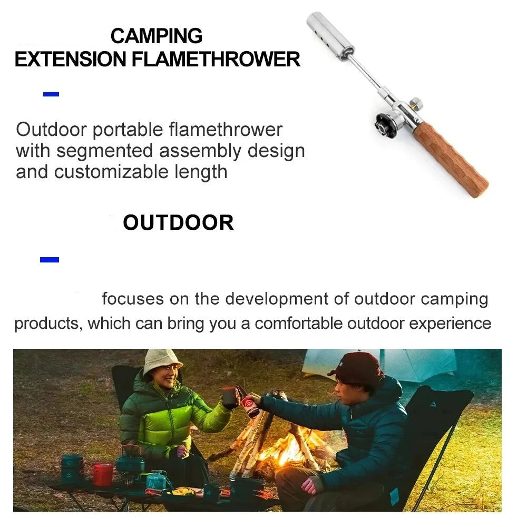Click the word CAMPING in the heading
[157, 36]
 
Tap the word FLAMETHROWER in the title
[216, 59]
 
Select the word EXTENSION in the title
[70, 59]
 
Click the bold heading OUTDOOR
[178, 223]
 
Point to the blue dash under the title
[51, 95]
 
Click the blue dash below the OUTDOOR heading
[50, 259]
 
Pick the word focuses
[133, 299]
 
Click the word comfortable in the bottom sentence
[298, 323]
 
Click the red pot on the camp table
[103, 474]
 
